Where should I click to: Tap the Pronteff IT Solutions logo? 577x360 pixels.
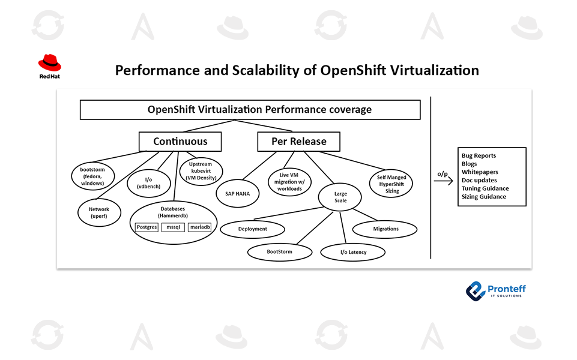(x=496, y=292)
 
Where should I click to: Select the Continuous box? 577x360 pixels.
(x=180, y=142)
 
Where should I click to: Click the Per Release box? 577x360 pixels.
(x=298, y=142)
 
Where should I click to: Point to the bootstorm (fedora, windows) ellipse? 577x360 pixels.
(x=92, y=174)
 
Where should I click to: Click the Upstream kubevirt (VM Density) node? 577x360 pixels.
(x=201, y=171)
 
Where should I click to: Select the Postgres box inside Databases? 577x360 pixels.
(x=147, y=227)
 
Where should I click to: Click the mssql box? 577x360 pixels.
(x=174, y=227)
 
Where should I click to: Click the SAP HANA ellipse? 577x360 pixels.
(x=237, y=193)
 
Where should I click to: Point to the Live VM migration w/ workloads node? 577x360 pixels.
(x=290, y=182)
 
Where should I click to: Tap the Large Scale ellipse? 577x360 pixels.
(x=340, y=197)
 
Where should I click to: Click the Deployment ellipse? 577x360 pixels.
(x=252, y=229)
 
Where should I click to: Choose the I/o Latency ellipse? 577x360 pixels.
(x=352, y=252)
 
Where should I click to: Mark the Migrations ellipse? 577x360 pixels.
(x=385, y=229)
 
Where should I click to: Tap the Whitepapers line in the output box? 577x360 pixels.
(x=480, y=172)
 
